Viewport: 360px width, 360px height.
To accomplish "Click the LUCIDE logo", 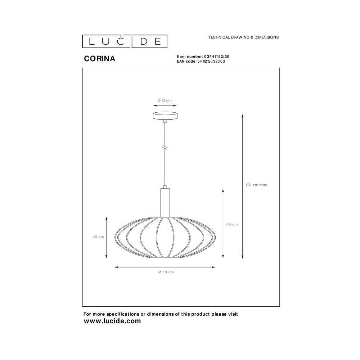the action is tap(125, 41).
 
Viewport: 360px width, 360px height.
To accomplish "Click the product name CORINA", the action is tap(100, 59).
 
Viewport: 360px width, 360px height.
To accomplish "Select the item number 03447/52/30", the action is tap(217, 57).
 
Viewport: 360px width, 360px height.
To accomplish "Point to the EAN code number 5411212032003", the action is tap(211, 61).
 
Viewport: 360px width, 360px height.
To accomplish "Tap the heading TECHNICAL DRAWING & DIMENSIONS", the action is tap(243, 37).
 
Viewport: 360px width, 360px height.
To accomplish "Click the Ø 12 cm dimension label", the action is tap(165, 100).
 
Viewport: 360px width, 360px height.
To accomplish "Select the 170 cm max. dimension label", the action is tap(257, 185).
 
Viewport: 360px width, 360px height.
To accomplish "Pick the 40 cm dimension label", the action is tap(232, 225).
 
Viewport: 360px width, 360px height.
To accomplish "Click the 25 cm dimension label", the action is tap(99, 237).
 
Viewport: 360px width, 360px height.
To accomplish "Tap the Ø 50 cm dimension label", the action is tap(166, 272).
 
